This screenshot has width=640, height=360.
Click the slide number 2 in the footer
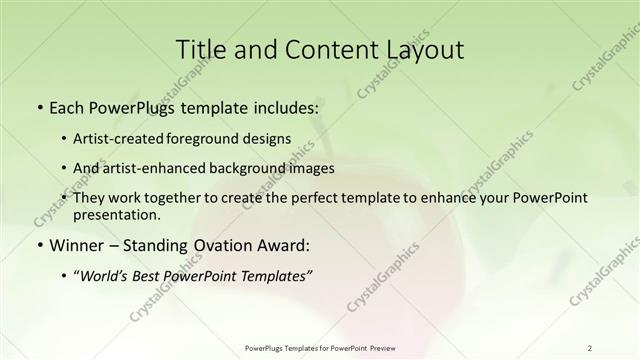click(590, 348)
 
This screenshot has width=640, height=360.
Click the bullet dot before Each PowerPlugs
click(39, 106)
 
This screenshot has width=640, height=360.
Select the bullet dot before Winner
click(39, 245)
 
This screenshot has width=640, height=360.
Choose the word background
click(250, 168)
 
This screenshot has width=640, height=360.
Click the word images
click(310, 168)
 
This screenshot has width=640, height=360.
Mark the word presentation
click(116, 214)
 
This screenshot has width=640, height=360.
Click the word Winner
click(77, 245)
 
